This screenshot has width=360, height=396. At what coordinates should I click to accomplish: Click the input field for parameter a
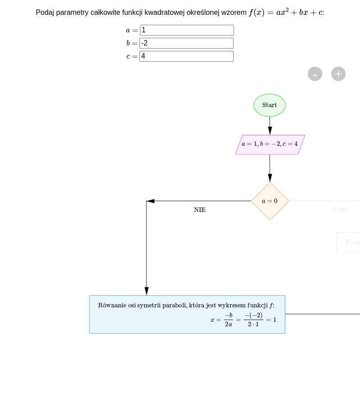tap(187, 30)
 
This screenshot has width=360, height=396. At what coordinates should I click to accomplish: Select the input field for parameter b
tap(186, 43)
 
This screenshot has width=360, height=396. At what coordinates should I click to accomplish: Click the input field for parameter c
tap(186, 56)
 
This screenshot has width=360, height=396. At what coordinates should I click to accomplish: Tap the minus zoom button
tap(315, 74)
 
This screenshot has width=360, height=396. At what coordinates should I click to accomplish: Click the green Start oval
tap(270, 105)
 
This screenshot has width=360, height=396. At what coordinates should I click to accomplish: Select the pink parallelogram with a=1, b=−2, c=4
tap(270, 144)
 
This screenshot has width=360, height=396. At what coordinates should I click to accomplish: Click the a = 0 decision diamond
tap(270, 201)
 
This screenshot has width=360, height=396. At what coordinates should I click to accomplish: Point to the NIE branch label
tap(200, 210)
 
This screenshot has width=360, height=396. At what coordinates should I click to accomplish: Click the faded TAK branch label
tap(340, 210)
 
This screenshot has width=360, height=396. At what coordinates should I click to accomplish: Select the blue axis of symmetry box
tap(187, 314)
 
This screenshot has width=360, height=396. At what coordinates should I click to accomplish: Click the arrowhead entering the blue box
tap(146, 291)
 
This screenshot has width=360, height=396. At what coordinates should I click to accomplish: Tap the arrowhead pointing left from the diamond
tap(151, 201)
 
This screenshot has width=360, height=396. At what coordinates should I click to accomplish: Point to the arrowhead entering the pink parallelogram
tap(270, 130)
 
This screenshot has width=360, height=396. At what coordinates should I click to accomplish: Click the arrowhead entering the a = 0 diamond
tap(270, 178)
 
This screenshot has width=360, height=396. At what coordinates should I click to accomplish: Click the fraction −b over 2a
tap(229, 319)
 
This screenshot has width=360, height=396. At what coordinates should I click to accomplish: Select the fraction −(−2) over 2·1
tap(253, 319)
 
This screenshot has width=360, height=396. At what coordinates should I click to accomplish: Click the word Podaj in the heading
tap(45, 13)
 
